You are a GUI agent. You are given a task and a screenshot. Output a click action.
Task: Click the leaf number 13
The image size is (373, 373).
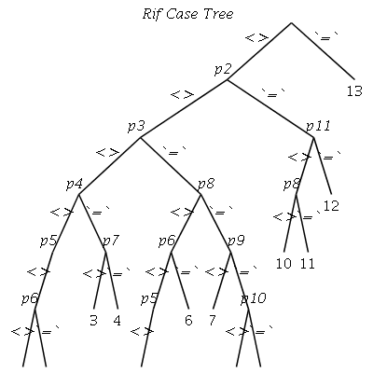point(354,91)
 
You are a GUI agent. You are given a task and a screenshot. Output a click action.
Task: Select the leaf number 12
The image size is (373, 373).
point(331,206)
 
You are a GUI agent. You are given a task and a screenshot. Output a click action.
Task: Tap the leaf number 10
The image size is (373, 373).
point(283,264)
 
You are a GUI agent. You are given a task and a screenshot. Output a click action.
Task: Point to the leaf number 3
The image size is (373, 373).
point(93,321)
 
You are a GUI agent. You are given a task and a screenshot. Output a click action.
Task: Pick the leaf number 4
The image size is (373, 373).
point(117,321)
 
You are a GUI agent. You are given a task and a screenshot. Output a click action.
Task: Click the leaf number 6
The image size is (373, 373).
point(188,321)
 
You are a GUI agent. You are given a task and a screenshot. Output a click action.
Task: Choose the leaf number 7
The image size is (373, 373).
point(212,321)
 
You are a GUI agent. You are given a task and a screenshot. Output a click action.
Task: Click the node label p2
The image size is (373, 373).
point(223,69)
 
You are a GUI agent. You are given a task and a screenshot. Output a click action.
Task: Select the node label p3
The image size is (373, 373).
point(136,127)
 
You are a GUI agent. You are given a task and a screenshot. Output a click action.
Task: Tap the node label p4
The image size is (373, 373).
point(75,185)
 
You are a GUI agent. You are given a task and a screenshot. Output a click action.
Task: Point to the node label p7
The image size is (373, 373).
point(111,241)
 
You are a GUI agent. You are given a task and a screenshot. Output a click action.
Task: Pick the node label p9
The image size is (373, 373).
point(236,241)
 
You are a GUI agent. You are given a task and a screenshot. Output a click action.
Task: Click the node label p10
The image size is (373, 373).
point(254,298)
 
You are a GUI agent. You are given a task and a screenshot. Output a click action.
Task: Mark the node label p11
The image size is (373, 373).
point(318,127)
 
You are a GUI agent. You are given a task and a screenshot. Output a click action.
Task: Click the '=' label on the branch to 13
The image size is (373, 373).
point(325,37)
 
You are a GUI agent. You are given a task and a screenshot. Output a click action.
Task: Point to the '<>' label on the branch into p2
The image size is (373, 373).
point(256,38)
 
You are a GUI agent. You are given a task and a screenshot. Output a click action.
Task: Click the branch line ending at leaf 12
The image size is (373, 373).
point(323,165)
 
